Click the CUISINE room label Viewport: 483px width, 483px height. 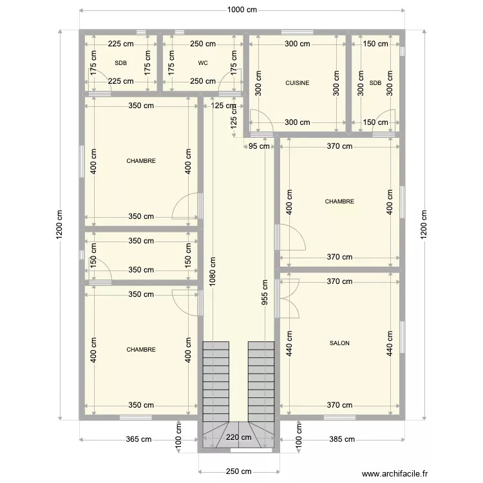298,83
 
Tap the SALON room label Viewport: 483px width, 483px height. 339,343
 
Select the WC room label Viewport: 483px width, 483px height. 203,63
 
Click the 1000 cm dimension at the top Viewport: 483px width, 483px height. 242,10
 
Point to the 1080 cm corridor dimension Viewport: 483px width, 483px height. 213,272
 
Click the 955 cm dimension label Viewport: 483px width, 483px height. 265,292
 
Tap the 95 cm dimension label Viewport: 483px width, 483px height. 259,146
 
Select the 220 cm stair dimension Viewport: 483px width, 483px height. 239,437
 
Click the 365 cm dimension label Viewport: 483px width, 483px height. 138,439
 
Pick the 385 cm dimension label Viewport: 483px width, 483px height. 342,439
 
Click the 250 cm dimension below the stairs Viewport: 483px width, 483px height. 239,471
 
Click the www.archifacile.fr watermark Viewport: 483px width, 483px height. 395,473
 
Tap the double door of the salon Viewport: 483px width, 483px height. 290,298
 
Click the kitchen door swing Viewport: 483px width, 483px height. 261,121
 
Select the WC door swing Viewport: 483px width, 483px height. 231,80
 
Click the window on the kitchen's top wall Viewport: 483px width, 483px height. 298,32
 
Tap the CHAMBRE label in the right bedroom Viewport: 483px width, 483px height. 339,202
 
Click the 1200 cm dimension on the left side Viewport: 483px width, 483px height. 59,225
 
